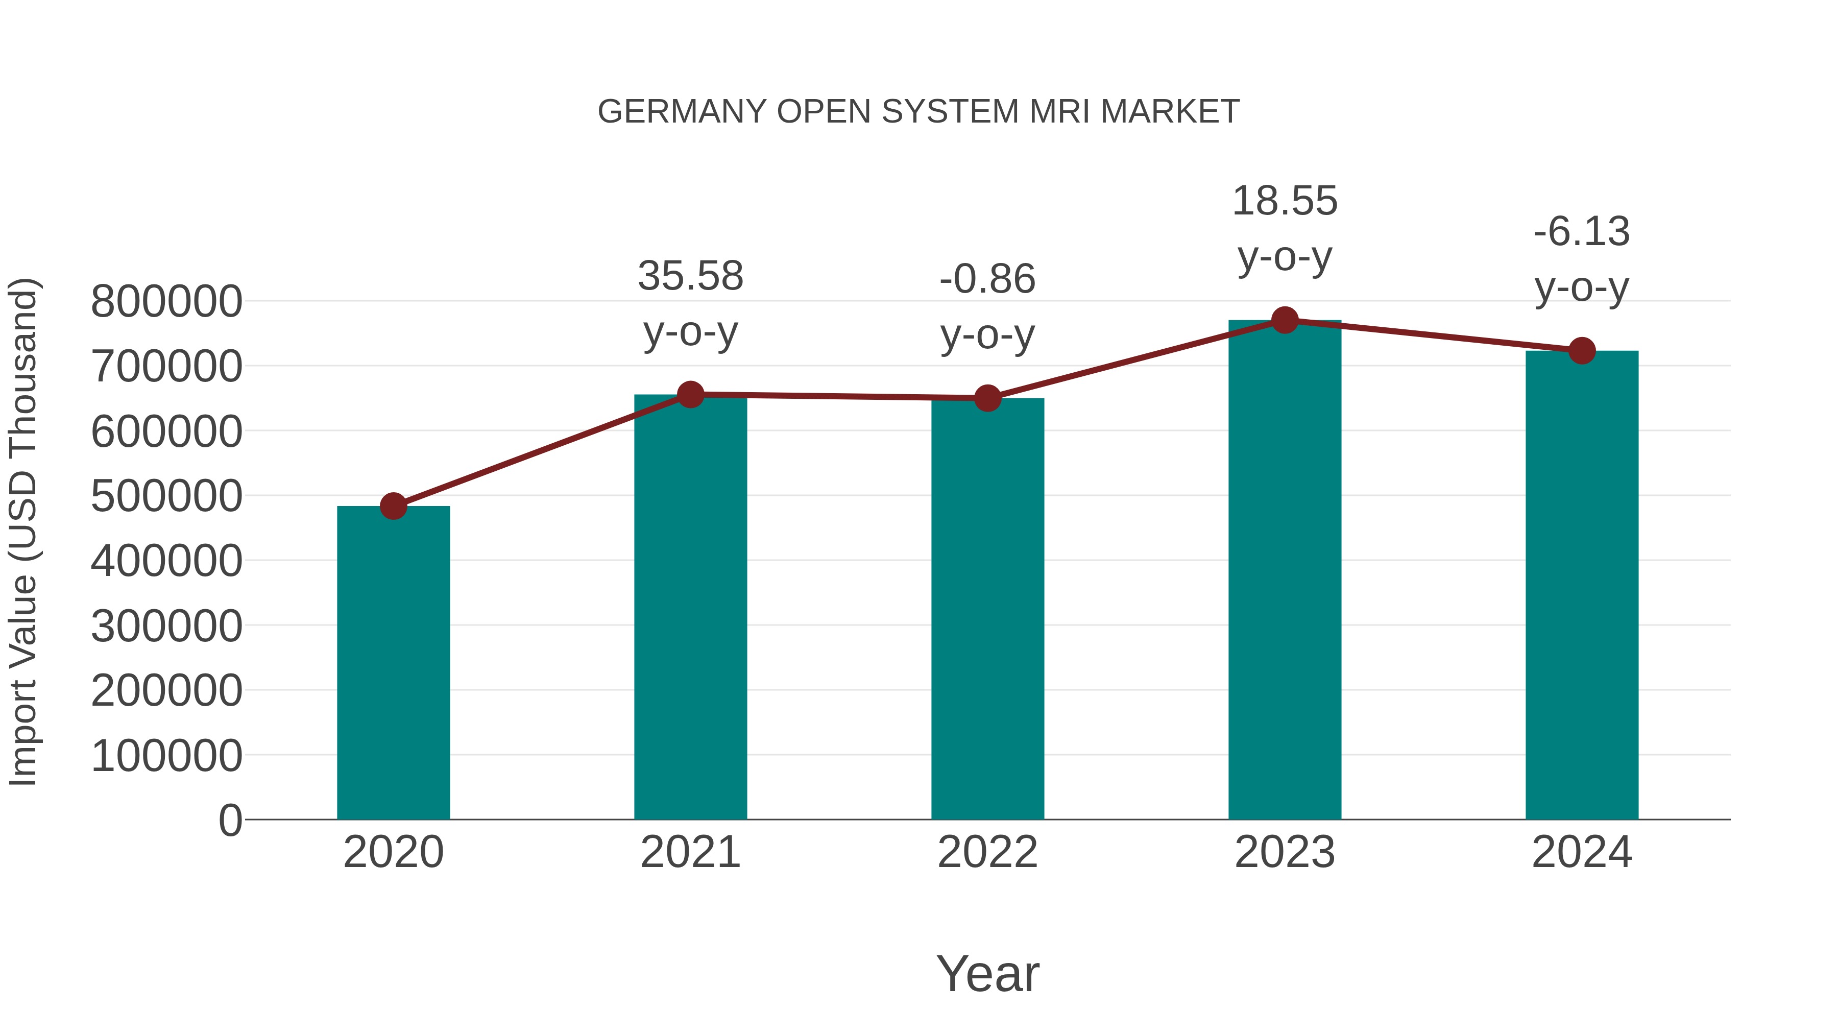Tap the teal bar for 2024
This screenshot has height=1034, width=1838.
tap(1582, 585)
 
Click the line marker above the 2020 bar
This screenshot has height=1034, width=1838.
tap(393, 506)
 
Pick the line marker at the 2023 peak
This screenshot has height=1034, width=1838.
tap(1285, 320)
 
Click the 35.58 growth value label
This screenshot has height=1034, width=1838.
tap(690, 276)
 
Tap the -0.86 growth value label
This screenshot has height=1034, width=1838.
tap(987, 279)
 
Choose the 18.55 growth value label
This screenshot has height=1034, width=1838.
tap(1285, 201)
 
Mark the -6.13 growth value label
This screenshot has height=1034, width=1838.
tap(1582, 232)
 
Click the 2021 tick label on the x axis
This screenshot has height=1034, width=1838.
tap(690, 852)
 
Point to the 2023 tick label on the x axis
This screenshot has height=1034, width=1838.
tap(1285, 852)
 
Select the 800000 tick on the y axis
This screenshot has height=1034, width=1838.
tap(166, 301)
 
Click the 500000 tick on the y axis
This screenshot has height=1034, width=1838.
tap(166, 496)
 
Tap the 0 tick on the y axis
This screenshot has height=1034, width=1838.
tap(230, 820)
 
